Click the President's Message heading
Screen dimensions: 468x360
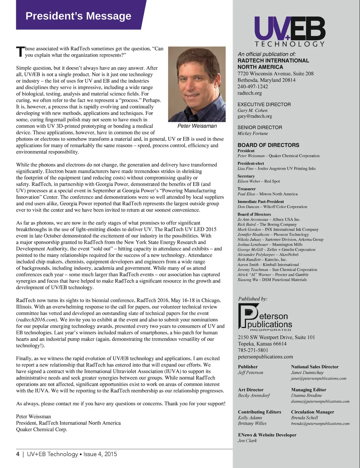tap(78, 16)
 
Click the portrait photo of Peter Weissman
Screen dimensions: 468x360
tap(197, 84)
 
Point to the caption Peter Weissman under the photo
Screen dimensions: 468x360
tap(197, 126)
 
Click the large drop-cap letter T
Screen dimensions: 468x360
tap(20, 52)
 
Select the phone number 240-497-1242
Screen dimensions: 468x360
tap(252, 87)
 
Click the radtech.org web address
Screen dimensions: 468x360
tap(250, 93)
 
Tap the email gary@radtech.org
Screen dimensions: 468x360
tap(255, 116)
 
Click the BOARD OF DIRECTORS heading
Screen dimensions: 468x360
tap(268, 145)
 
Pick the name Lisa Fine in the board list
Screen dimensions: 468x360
tap(245, 169)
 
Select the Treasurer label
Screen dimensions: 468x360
tap(246, 189)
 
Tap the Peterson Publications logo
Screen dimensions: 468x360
tap(265, 317)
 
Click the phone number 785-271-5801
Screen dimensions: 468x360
tap(253, 350)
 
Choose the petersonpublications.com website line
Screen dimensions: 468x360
tap(265, 357)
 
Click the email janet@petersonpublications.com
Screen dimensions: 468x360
tap(319, 379)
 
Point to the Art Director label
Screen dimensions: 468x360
tap(250, 390)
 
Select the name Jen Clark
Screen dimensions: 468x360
tap(247, 441)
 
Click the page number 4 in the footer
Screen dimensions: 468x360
tap(18, 454)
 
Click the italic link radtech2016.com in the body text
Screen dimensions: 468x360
tap(37, 320)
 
